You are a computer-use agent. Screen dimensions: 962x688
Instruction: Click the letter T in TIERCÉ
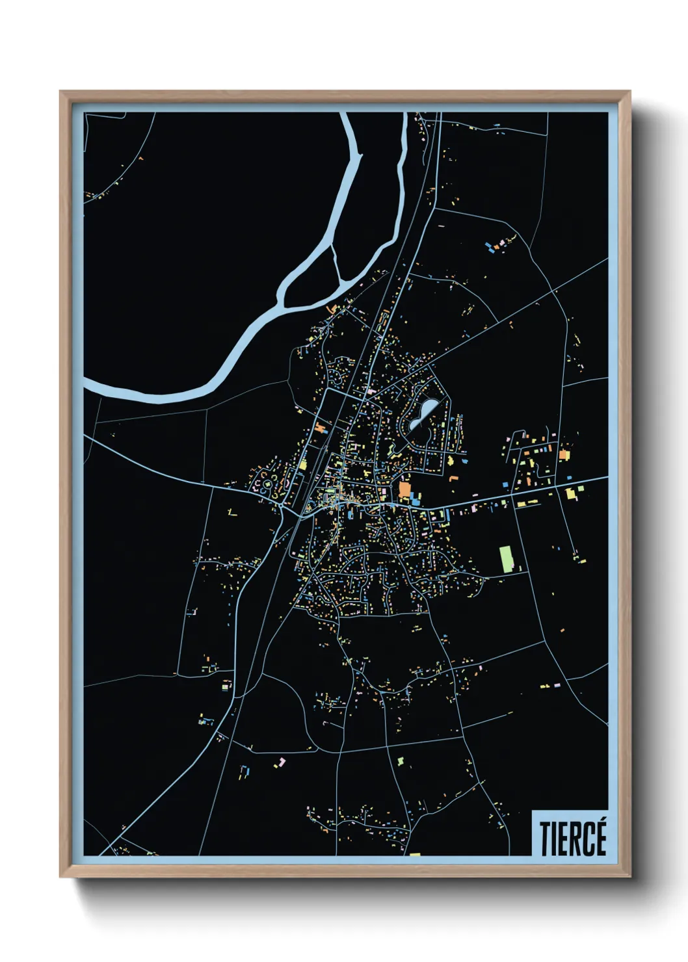tap(545, 839)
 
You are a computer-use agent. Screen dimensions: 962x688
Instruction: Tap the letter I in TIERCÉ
tap(554, 839)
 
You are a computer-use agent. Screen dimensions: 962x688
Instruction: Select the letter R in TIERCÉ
tap(575, 839)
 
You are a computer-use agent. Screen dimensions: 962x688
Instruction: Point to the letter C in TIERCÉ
tap(589, 839)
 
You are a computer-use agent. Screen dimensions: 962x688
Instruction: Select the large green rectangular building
tap(506, 559)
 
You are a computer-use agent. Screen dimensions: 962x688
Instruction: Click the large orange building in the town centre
tap(404, 489)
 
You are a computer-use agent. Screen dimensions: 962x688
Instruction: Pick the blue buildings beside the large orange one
tap(416, 499)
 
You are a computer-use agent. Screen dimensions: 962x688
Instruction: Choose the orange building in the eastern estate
tap(563, 454)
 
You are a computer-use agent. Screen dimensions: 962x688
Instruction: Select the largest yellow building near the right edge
tap(572, 493)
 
